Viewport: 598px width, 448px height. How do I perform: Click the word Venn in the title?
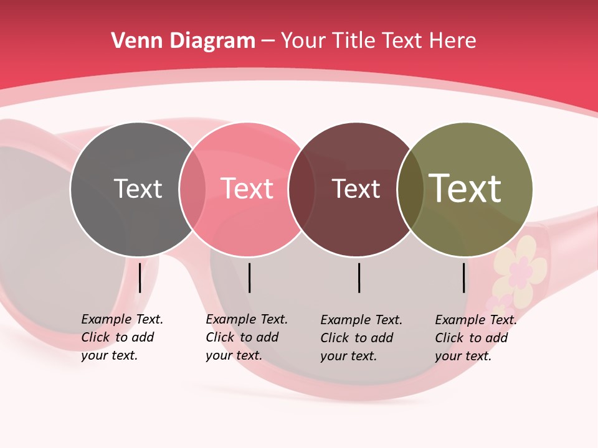click(x=132, y=41)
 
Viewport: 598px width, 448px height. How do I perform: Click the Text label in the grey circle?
click(x=138, y=189)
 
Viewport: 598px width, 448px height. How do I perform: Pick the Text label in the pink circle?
click(x=247, y=189)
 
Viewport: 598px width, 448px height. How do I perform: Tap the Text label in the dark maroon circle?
click(x=356, y=189)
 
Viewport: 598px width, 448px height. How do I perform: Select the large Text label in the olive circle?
click(x=465, y=188)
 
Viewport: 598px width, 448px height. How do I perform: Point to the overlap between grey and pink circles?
click(x=192, y=189)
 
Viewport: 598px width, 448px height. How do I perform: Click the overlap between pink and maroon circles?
click(x=301, y=189)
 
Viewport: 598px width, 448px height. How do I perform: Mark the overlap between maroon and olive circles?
click(x=411, y=189)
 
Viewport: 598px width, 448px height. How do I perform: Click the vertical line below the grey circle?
click(x=140, y=278)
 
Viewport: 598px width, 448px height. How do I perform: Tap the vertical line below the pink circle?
click(x=249, y=278)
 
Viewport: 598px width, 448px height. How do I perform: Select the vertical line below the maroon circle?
click(x=359, y=278)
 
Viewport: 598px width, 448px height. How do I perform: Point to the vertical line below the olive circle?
click(x=463, y=278)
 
